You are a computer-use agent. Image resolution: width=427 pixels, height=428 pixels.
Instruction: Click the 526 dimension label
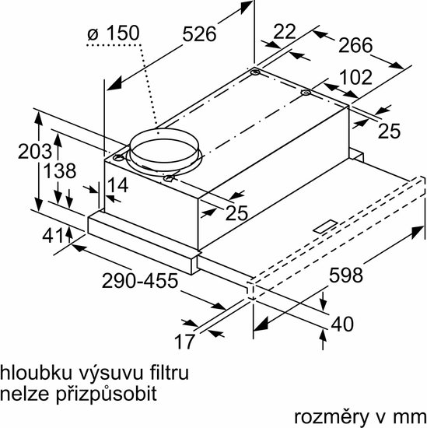click(x=199, y=34)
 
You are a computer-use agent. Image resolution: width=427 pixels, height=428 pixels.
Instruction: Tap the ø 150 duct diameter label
click(x=114, y=33)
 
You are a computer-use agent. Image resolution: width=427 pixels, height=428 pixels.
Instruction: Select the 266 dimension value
click(x=355, y=45)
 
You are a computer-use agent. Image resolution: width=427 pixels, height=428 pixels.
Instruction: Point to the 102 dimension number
click(x=356, y=77)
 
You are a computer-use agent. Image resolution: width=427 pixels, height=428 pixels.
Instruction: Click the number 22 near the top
click(x=285, y=32)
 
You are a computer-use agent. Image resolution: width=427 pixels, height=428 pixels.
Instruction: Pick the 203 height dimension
click(x=35, y=151)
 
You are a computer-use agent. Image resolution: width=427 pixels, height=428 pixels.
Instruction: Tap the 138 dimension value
click(x=60, y=171)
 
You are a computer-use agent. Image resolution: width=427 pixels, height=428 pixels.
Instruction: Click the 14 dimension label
click(x=118, y=184)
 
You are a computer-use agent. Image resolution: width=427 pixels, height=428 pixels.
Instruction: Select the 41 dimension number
click(x=52, y=235)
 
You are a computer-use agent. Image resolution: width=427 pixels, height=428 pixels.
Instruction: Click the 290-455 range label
click(x=140, y=281)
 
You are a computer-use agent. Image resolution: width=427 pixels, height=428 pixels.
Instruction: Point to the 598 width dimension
click(x=346, y=275)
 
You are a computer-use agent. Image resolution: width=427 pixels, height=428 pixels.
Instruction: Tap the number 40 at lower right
click(x=342, y=324)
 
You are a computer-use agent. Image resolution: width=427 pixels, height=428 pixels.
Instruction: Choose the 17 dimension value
click(x=184, y=341)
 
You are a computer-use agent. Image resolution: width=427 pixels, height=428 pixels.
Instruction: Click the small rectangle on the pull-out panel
click(x=326, y=226)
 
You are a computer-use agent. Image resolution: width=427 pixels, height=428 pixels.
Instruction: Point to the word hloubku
click(x=37, y=373)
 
